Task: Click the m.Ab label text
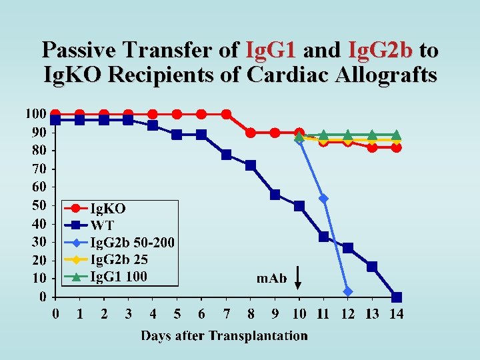(272, 278)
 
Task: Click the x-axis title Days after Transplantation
(224, 335)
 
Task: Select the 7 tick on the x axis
(226, 313)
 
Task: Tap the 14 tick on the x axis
(396, 313)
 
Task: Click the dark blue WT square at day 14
(397, 297)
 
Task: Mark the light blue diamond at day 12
(347, 291)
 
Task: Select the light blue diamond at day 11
(323, 198)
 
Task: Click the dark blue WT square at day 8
(251, 165)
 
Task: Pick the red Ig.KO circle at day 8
(251, 133)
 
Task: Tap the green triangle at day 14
(396, 135)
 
